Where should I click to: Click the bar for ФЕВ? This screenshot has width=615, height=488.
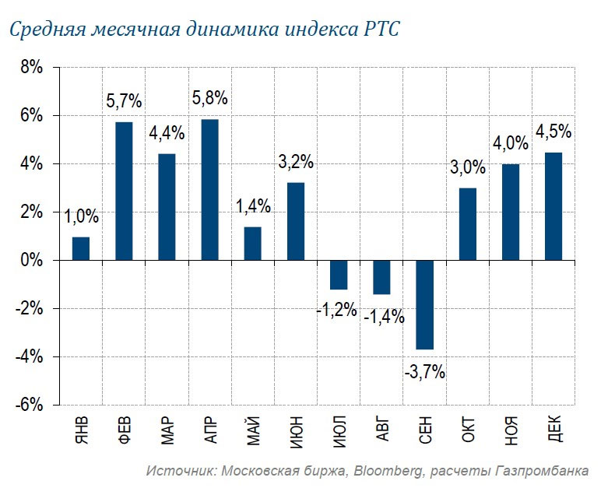click(124, 191)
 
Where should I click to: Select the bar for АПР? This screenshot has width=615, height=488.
click(209, 189)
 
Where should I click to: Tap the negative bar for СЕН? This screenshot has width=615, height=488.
click(424, 304)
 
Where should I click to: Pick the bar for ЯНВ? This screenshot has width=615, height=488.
click(81, 248)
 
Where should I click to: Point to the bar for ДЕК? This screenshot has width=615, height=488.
click(553, 206)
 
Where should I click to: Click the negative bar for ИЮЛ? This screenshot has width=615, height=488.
click(338, 275)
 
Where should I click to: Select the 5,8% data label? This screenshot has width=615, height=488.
click(210, 99)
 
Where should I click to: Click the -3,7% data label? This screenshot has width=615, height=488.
click(424, 371)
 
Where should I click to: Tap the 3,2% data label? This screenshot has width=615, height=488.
click(296, 163)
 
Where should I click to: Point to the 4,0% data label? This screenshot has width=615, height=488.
click(510, 144)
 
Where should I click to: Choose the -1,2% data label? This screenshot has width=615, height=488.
click(336, 311)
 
